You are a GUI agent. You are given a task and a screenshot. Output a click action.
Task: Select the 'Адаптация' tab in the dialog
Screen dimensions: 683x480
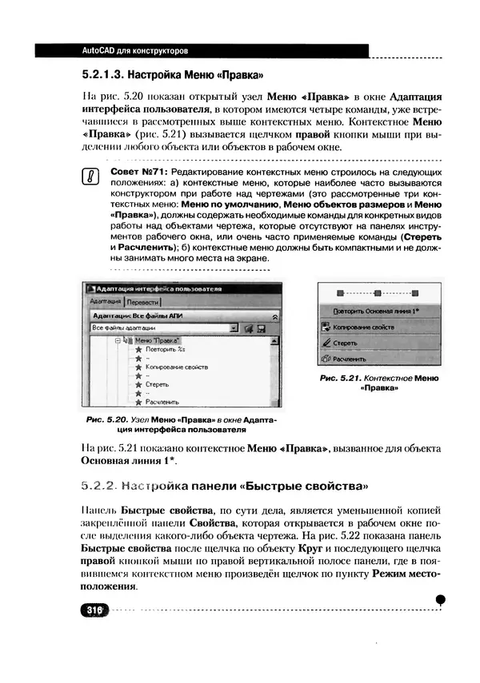tap(106, 302)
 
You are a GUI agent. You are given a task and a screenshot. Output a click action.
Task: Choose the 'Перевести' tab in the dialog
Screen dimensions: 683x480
tap(143, 302)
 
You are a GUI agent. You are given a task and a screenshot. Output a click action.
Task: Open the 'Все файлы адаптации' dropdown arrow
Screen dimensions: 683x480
tap(234, 328)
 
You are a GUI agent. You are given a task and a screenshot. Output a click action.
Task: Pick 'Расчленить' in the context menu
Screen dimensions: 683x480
tap(350, 359)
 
